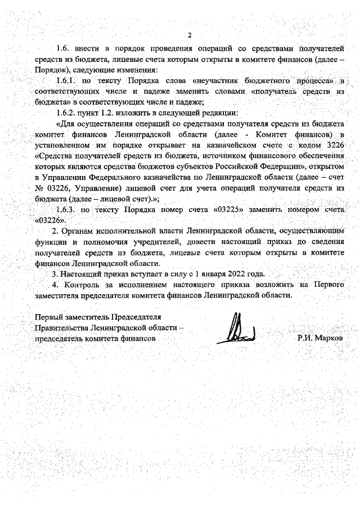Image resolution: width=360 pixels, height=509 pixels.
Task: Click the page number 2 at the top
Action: (190, 35)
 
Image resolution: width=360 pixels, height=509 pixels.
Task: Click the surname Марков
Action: (328, 339)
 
